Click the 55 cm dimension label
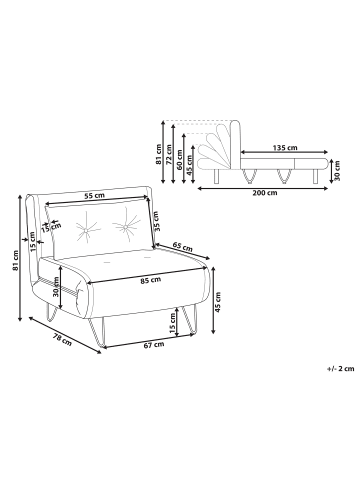click(94, 196)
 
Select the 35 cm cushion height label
click(156, 221)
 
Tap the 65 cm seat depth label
click(183, 246)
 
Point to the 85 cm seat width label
click(150, 281)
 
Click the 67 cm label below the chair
click(154, 345)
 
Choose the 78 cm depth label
click(62, 340)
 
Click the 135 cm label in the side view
click(285, 147)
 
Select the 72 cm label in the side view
click(169, 155)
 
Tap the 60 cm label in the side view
click(180, 160)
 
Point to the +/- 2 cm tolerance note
click(341, 369)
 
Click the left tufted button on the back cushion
click(86, 231)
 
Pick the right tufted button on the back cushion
click(125, 227)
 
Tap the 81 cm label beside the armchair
click(15, 260)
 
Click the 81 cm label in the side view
click(158, 155)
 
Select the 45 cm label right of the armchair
click(218, 302)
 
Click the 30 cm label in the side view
click(336, 171)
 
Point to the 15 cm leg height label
click(172, 324)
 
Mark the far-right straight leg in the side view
click(315, 176)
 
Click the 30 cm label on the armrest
click(56, 287)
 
